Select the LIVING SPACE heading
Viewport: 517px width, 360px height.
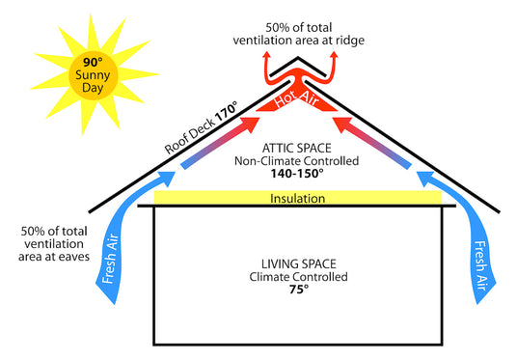pyautogui.click(x=297, y=263)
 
